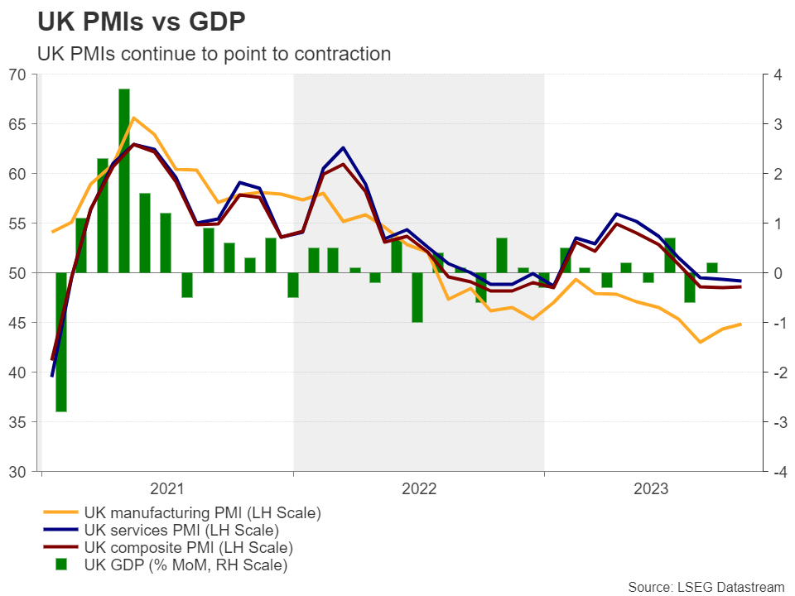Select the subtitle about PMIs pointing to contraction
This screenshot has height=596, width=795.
point(214,54)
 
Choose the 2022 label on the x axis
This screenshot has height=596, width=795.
point(419,488)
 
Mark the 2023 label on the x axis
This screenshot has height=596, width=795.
point(651,488)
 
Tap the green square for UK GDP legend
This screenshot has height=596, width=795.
point(61,565)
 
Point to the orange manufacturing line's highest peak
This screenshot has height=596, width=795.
point(133,118)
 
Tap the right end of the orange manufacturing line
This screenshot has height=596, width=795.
point(740,324)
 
